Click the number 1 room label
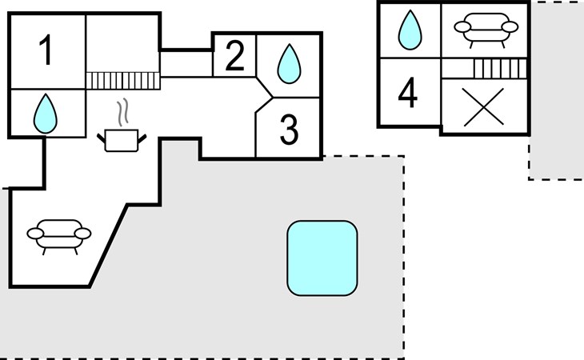click(46, 50)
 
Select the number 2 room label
click(234, 55)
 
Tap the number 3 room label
click(289, 129)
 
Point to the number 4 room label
click(407, 92)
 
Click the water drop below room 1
click(46, 114)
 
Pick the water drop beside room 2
click(289, 64)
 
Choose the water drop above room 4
click(410, 30)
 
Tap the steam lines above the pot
click(122, 111)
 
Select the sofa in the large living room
click(59, 237)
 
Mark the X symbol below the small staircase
click(483, 107)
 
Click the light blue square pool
click(322, 258)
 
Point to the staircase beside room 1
click(123, 81)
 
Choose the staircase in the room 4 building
click(500, 69)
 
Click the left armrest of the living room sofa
click(35, 234)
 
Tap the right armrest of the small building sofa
click(510, 27)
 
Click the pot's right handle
click(142, 138)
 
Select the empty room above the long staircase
click(123, 43)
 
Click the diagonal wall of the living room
click(108, 246)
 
